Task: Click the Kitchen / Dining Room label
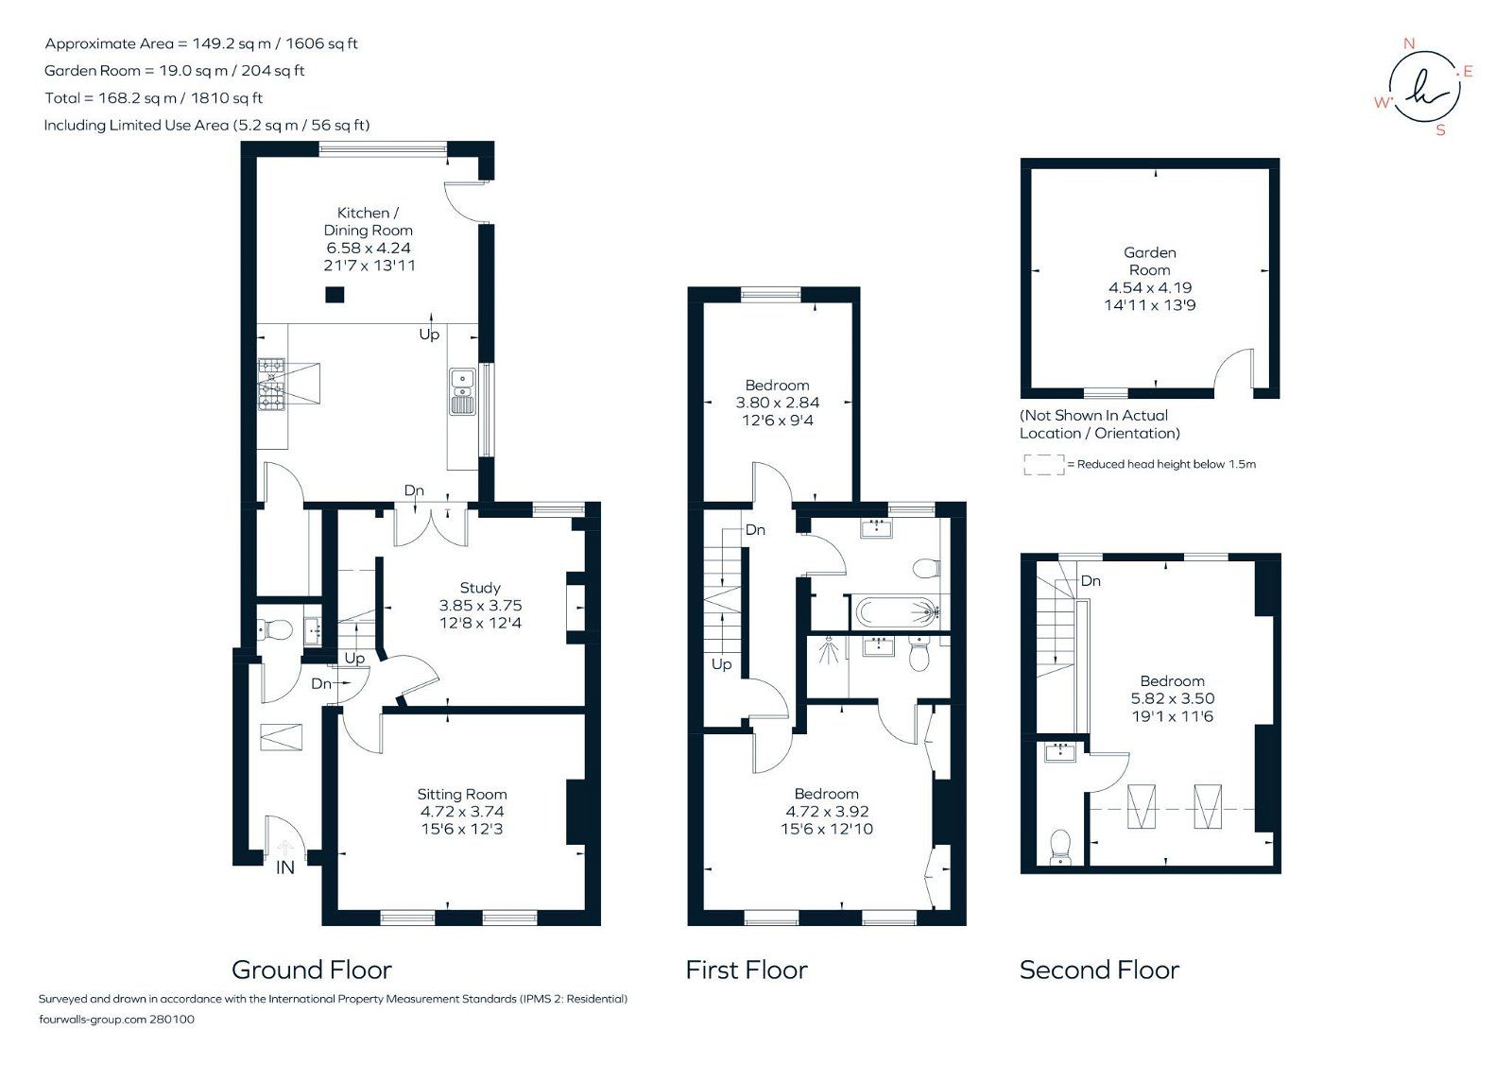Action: pyautogui.click(x=368, y=221)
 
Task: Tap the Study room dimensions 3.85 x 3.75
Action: pyautogui.click(x=480, y=606)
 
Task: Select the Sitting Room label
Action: pyautogui.click(x=462, y=795)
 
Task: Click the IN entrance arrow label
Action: pyautogui.click(x=284, y=867)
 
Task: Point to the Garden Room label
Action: pyautogui.click(x=1150, y=261)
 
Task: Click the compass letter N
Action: pyautogui.click(x=1409, y=43)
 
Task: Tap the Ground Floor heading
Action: pyautogui.click(x=311, y=970)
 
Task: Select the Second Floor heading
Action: pyautogui.click(x=1099, y=970)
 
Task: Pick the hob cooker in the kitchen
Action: pyautogui.click(x=272, y=384)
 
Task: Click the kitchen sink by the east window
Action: pyautogui.click(x=462, y=392)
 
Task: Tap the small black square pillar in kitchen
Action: pyautogui.click(x=335, y=295)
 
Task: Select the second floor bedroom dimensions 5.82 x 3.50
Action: pyautogui.click(x=1172, y=698)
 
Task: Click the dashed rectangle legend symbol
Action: pyautogui.click(x=1043, y=464)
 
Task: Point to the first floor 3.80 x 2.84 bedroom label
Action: pyautogui.click(x=777, y=403)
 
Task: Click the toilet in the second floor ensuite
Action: pyautogui.click(x=1060, y=845)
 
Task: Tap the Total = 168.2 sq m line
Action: pyautogui.click(x=153, y=97)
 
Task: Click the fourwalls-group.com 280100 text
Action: pyautogui.click(x=116, y=1020)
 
